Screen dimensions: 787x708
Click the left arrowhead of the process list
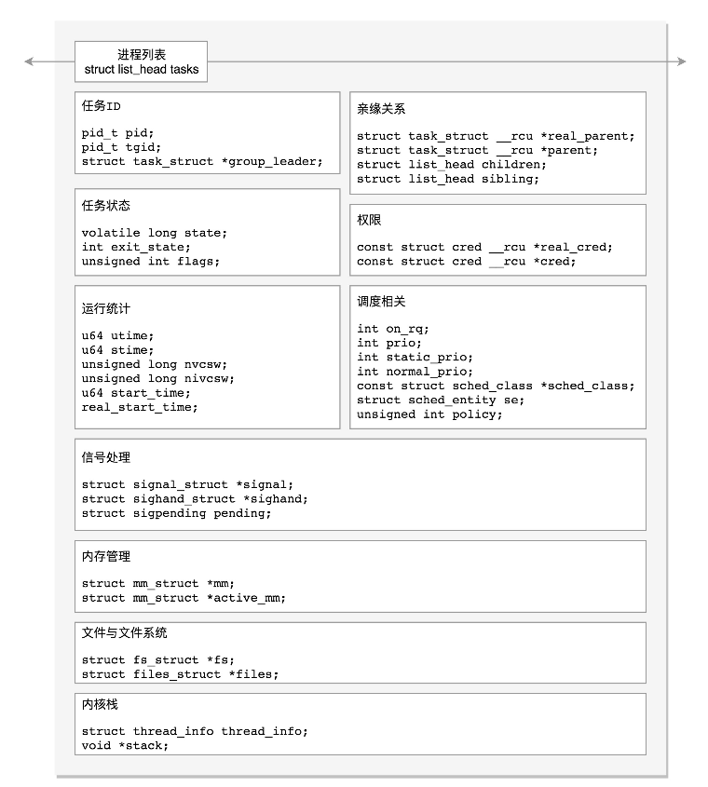click(x=29, y=61)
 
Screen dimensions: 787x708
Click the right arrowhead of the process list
click(x=681, y=61)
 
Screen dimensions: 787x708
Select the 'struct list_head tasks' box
click(x=142, y=62)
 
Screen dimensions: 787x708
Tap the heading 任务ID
click(x=102, y=106)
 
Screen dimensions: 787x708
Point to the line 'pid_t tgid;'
click(x=121, y=147)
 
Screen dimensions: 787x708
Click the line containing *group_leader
click(x=202, y=161)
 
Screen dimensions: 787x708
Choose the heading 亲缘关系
click(x=381, y=109)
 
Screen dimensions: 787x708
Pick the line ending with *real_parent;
click(x=496, y=136)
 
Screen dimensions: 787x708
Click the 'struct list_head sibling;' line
click(x=448, y=179)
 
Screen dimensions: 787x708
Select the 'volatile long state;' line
click(x=154, y=233)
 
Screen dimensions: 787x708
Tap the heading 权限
click(x=369, y=221)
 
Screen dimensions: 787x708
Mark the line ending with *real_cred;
click(x=484, y=247)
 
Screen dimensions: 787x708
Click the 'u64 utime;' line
click(x=117, y=335)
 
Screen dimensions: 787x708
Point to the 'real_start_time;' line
click(x=140, y=407)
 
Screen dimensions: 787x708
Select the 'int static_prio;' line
click(x=415, y=357)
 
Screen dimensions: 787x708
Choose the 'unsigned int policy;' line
click(x=429, y=414)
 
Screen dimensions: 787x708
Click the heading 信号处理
click(x=106, y=457)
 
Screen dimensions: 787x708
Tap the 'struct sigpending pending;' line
click(x=176, y=513)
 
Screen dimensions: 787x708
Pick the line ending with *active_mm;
click(x=184, y=598)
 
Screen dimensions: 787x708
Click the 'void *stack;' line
click(x=125, y=745)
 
